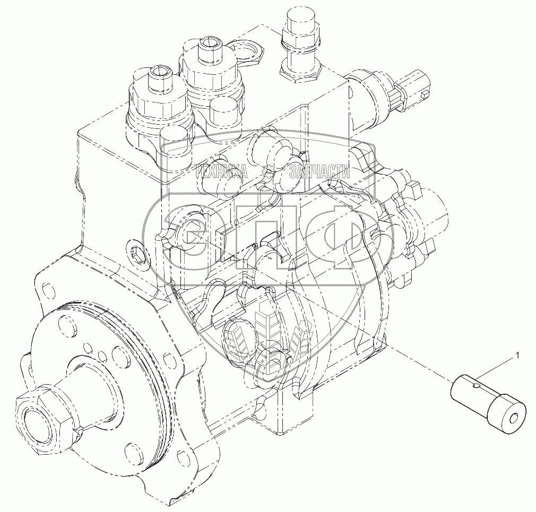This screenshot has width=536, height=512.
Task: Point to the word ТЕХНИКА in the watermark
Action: (x=220, y=171)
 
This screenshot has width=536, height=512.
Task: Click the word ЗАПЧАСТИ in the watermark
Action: (x=319, y=171)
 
